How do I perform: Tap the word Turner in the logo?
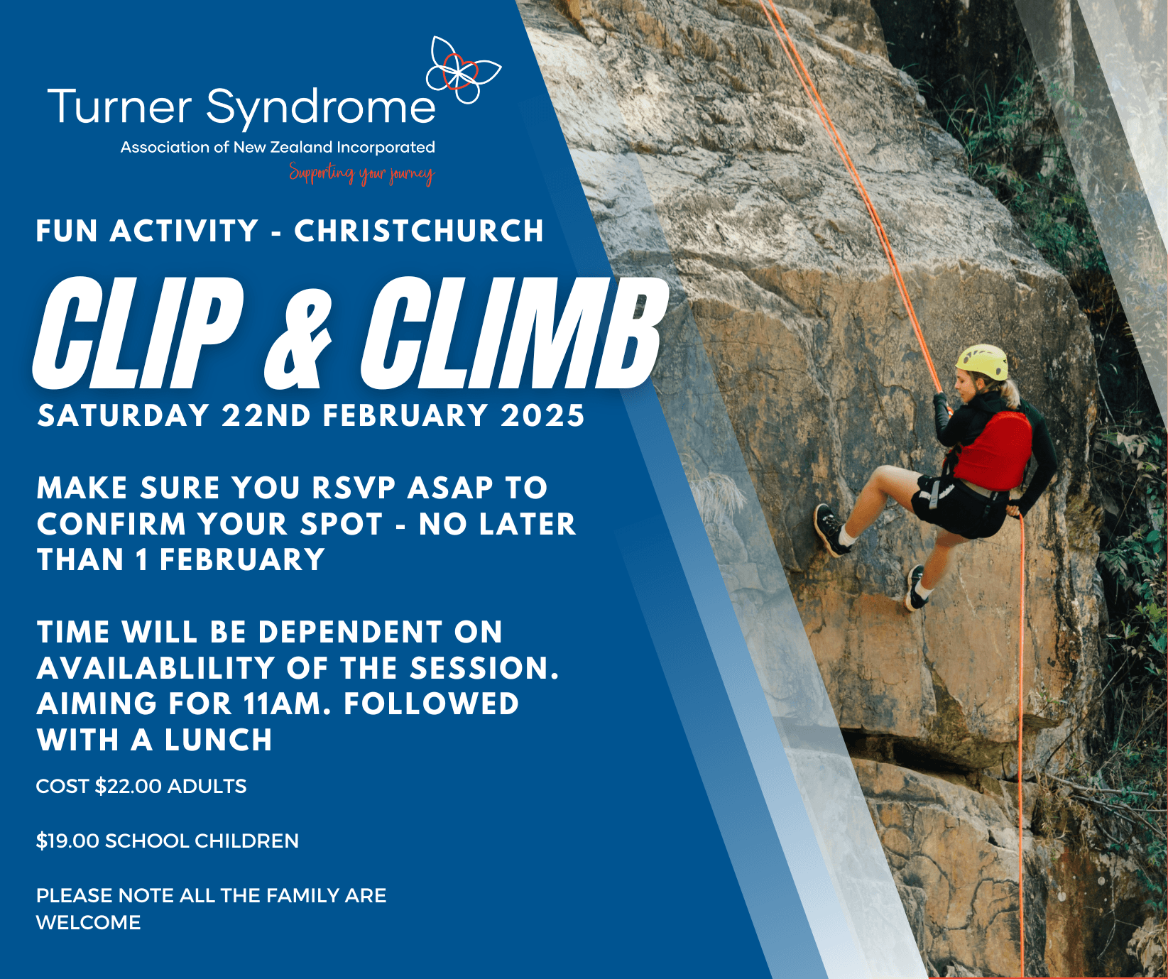point(119,107)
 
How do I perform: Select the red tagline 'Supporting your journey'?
point(361,173)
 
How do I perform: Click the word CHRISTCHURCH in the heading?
point(419,231)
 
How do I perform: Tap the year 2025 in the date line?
point(542,416)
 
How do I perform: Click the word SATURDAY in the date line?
point(124,416)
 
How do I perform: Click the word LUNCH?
point(219,740)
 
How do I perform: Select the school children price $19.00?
point(67,841)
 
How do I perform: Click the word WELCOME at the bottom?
point(89,923)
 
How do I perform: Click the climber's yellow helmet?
point(982,362)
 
